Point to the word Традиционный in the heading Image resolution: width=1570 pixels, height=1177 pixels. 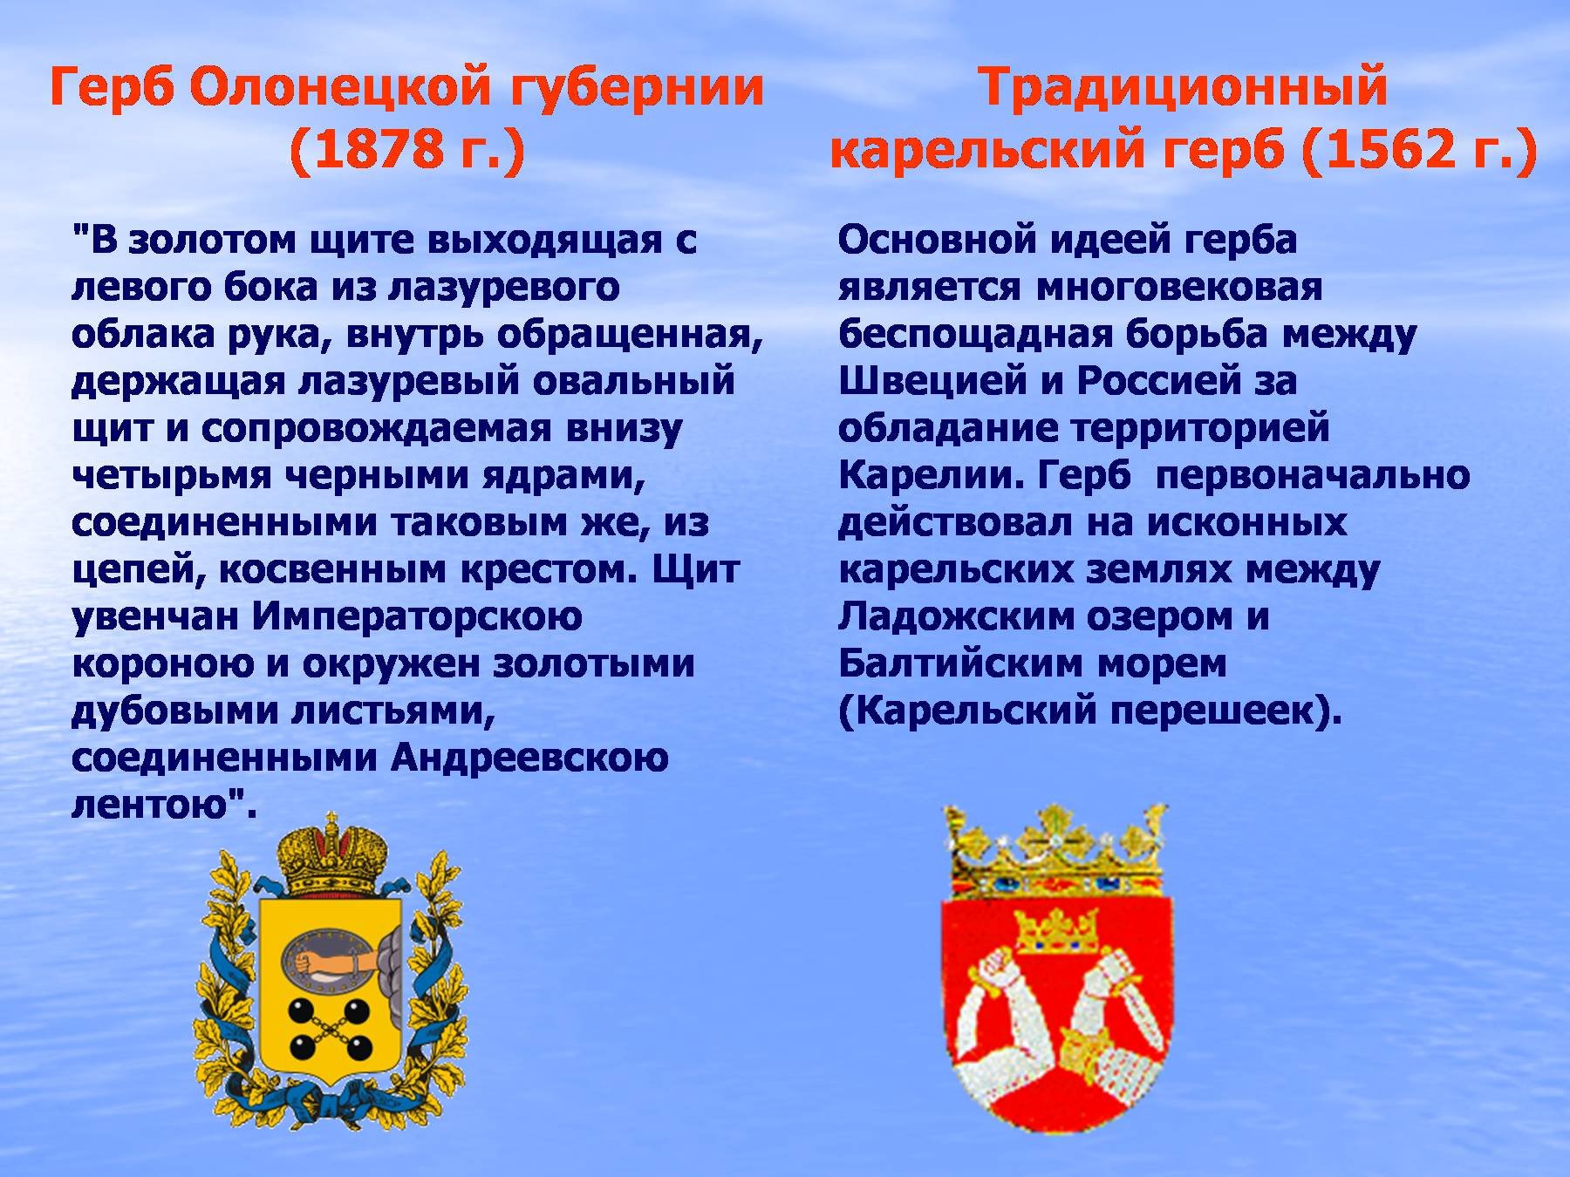(x=1182, y=89)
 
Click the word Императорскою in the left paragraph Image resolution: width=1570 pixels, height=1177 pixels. (x=417, y=617)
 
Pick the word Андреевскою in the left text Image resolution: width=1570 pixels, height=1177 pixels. (x=529, y=759)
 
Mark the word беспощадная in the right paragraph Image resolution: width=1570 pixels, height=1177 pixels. (x=981, y=334)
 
